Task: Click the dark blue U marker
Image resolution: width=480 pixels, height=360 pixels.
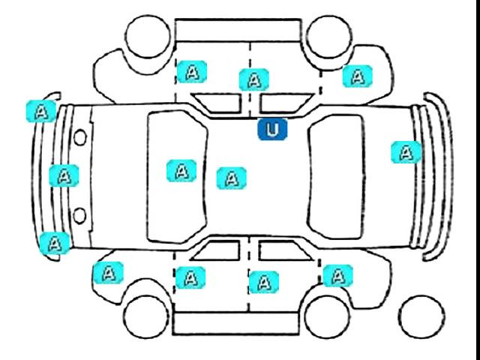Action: pyautogui.click(x=272, y=130)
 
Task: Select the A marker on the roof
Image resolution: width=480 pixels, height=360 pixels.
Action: pyautogui.click(x=231, y=178)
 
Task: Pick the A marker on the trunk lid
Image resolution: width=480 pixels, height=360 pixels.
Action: pyautogui.click(x=406, y=152)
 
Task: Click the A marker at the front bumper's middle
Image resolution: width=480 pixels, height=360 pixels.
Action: pyautogui.click(x=64, y=175)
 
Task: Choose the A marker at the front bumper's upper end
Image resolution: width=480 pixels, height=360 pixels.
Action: pyautogui.click(x=45, y=111)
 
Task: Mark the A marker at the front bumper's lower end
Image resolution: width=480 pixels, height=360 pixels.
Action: pyautogui.click(x=54, y=242)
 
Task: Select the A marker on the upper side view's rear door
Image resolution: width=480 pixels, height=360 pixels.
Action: pyautogui.click(x=254, y=79)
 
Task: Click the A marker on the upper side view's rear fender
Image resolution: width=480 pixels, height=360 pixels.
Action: pyautogui.click(x=358, y=75)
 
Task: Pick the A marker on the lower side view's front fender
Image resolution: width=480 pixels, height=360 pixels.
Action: pyautogui.click(x=107, y=272)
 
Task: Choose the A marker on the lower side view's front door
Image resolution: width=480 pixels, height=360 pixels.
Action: pyautogui.click(x=190, y=277)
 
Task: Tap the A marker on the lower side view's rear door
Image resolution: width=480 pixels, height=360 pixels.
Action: pyautogui.click(x=263, y=281)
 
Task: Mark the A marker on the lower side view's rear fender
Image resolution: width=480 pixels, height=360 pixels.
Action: pyautogui.click(x=337, y=274)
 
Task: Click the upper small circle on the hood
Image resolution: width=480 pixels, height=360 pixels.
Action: pyautogui.click(x=80, y=137)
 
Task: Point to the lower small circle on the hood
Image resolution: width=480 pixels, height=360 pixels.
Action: pyautogui.click(x=80, y=217)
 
